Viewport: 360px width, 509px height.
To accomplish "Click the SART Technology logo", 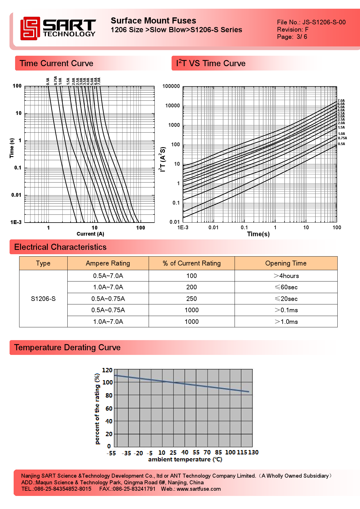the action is [x=58, y=28].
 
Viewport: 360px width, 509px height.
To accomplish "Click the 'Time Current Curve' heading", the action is [x=56, y=63].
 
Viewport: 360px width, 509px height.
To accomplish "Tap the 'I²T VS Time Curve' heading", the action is [x=211, y=63].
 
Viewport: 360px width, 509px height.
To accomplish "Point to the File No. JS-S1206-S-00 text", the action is [x=311, y=22].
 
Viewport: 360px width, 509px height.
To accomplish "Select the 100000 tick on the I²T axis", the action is [x=171, y=86].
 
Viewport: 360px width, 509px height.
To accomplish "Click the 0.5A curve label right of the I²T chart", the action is [x=341, y=144].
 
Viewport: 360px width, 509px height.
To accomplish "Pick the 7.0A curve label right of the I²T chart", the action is [x=341, y=101].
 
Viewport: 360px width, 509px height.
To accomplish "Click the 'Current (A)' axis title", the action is [x=90, y=234].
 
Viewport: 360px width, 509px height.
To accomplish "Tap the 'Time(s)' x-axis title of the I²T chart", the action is [x=258, y=234].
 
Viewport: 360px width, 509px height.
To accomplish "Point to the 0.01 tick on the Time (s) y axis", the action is [x=16, y=195].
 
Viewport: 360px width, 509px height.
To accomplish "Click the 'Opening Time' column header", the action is [x=286, y=263].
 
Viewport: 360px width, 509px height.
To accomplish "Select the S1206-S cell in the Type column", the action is [x=43, y=299].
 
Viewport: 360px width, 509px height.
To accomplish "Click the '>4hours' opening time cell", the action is [x=286, y=276].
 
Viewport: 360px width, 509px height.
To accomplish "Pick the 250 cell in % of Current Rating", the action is [x=192, y=299].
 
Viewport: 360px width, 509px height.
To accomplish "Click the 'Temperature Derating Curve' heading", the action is [x=67, y=347].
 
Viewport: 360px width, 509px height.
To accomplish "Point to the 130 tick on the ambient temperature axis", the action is [x=253, y=452].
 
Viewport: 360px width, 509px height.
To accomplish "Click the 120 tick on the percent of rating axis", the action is [x=107, y=370].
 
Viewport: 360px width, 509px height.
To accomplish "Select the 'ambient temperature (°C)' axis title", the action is [x=185, y=459].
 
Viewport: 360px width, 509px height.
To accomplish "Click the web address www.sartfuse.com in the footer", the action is [x=199, y=489].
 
